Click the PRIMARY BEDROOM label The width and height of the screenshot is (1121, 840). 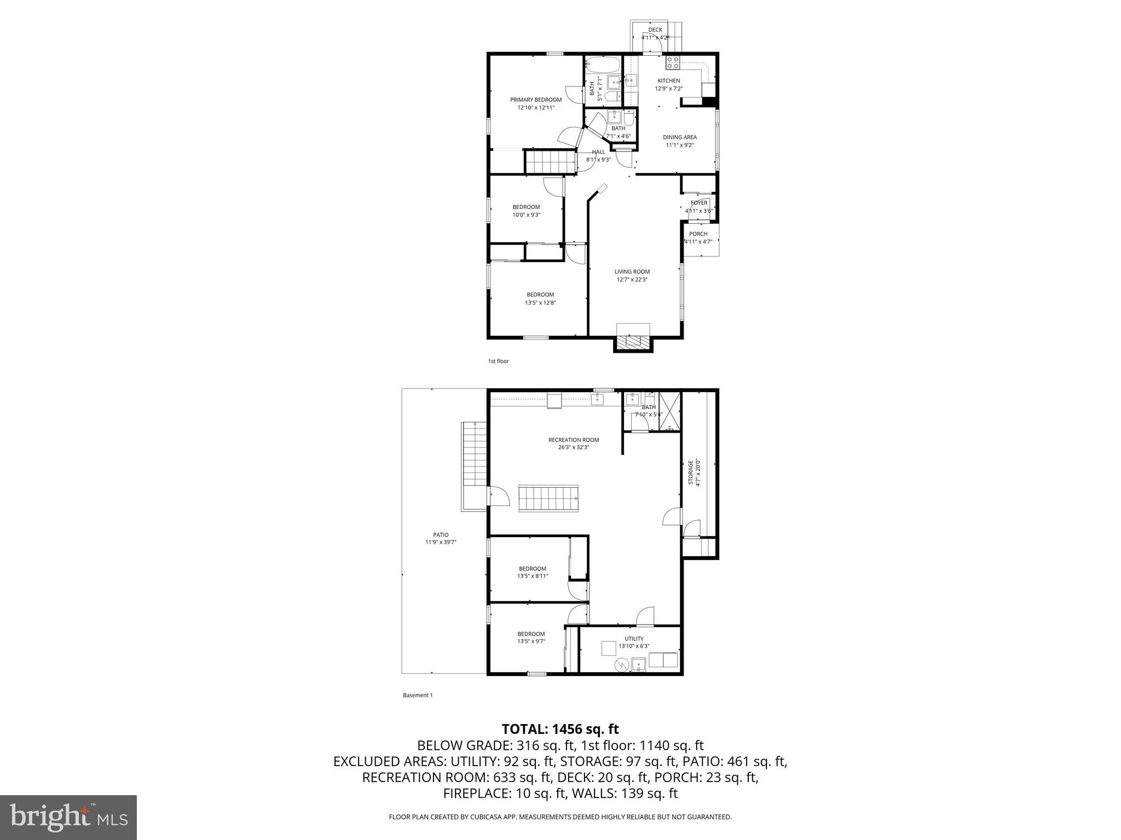(x=535, y=100)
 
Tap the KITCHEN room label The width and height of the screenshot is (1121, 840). (x=668, y=81)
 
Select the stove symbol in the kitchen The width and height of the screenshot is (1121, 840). (x=673, y=63)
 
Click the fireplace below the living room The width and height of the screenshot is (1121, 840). (x=633, y=341)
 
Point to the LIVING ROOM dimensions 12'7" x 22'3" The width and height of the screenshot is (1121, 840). (x=632, y=279)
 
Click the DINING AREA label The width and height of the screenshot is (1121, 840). (x=679, y=137)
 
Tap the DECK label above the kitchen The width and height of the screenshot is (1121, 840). (x=655, y=30)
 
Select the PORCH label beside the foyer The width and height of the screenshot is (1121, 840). (x=698, y=234)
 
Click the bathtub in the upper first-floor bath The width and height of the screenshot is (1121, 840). (x=602, y=65)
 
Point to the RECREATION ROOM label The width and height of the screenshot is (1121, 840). (x=573, y=440)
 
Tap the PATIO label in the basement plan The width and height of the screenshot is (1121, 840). (x=441, y=535)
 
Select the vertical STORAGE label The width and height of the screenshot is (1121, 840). (x=691, y=472)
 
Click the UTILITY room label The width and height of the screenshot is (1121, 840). (x=634, y=638)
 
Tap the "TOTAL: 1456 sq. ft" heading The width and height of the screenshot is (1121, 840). (x=560, y=729)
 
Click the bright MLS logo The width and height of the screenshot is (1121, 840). (x=68, y=817)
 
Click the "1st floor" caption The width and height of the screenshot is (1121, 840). (x=498, y=361)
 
